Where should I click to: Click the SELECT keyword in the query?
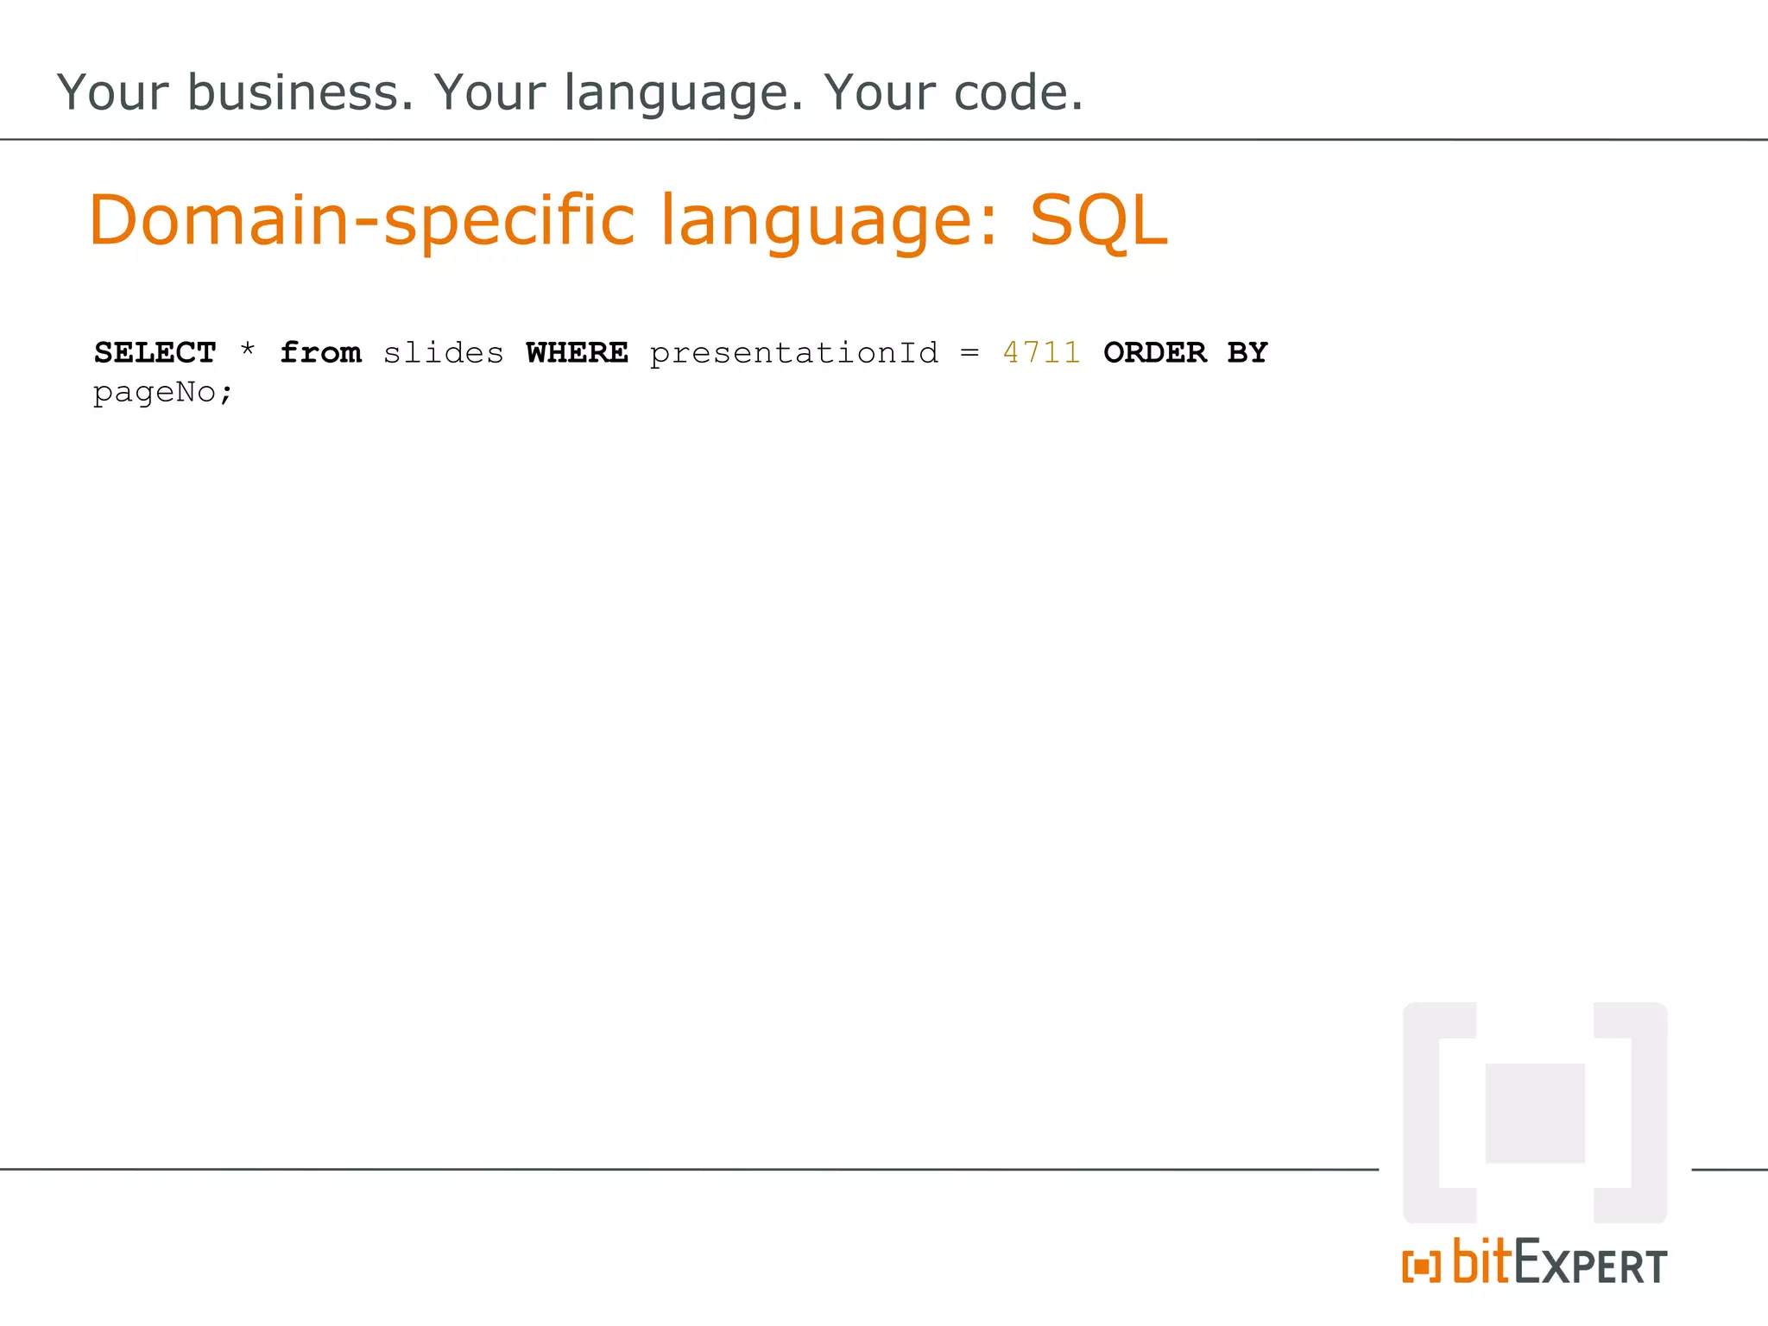(x=155, y=353)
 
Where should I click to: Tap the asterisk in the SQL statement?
(x=248, y=350)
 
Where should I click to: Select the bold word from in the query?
(x=320, y=353)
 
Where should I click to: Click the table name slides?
(x=443, y=353)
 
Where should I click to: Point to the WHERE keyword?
(x=577, y=353)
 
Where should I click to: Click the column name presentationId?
(x=793, y=353)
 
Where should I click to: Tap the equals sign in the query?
(x=970, y=353)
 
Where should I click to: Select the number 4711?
(x=1041, y=353)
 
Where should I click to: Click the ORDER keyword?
(x=1154, y=353)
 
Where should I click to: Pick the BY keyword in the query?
(x=1247, y=353)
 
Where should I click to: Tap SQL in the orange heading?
(x=1098, y=221)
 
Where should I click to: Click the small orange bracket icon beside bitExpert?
(x=1421, y=1266)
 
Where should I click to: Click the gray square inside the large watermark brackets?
(x=1535, y=1113)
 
